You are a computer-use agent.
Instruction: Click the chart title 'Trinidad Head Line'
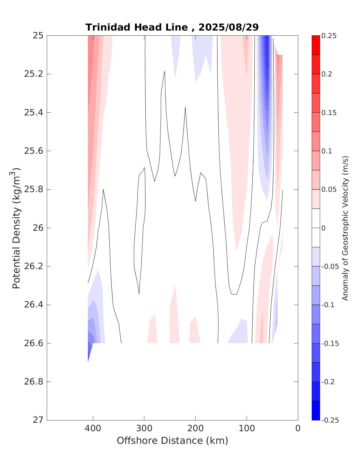point(136,27)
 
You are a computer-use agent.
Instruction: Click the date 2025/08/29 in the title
point(229,27)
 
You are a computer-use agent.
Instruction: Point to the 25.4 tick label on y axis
point(33,113)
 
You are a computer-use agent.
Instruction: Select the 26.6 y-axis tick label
point(33,343)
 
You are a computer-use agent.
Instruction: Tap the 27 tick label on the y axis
point(38,420)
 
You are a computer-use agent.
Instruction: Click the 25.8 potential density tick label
point(33,190)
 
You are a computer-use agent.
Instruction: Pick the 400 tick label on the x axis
point(93,429)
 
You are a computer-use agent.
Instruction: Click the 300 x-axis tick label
point(144,429)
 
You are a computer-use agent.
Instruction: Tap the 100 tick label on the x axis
point(247,429)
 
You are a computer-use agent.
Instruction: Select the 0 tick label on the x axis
point(298,429)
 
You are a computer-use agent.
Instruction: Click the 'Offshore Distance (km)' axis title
point(172,441)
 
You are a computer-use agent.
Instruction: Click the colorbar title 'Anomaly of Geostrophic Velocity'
point(345,228)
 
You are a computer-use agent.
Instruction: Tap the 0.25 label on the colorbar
point(329,36)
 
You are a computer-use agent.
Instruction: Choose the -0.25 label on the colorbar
point(330,420)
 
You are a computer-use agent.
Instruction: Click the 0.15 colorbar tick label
point(329,113)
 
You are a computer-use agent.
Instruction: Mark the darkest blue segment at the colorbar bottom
point(316,411)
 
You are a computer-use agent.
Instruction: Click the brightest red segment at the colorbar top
point(316,45)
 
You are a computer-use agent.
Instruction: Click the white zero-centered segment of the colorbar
point(316,228)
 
